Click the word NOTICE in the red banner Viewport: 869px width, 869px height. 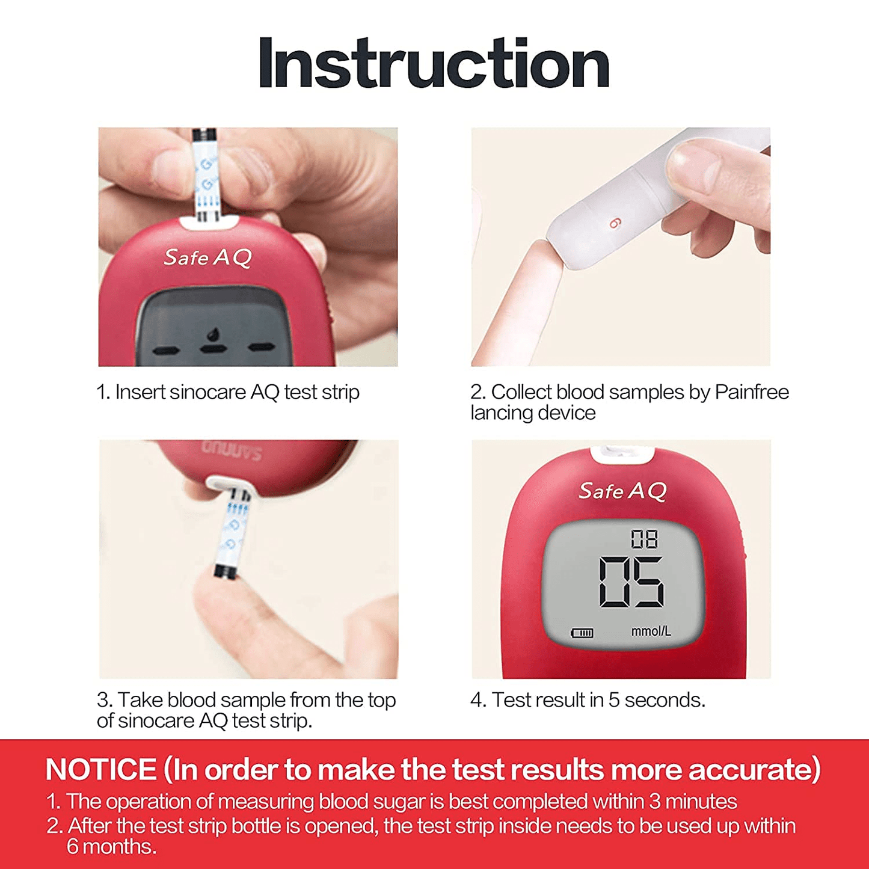tap(101, 769)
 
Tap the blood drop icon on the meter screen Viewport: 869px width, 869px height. tap(212, 334)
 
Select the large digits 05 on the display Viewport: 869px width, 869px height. tap(631, 582)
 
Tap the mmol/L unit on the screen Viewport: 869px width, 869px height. tap(651, 631)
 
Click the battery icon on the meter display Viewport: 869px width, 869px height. tap(582, 633)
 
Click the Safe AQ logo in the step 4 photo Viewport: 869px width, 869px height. tap(622, 491)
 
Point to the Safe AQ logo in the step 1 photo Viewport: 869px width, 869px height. tap(207, 257)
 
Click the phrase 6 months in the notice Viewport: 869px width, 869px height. tap(111, 847)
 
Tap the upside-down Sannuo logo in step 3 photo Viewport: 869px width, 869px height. tap(231, 452)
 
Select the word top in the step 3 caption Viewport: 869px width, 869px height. tap(381, 701)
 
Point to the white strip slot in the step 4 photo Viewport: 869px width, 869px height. tap(622, 454)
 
